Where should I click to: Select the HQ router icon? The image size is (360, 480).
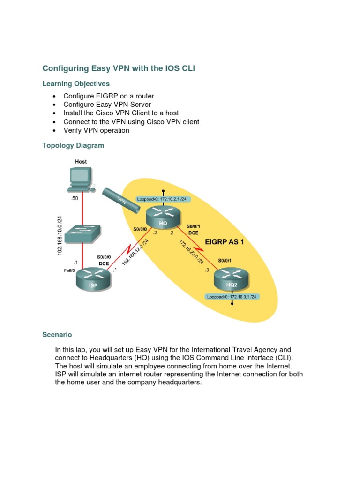163,218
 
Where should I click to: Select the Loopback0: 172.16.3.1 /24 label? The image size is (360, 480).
232,297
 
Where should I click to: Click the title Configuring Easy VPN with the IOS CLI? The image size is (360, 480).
119,68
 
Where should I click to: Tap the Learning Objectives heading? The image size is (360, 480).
76,84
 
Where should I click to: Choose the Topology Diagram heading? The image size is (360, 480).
73,145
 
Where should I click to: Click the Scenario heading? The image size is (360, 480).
57,335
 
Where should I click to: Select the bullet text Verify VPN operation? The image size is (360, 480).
96,130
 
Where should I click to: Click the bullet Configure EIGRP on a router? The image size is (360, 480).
109,96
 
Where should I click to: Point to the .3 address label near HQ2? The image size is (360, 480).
207,270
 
